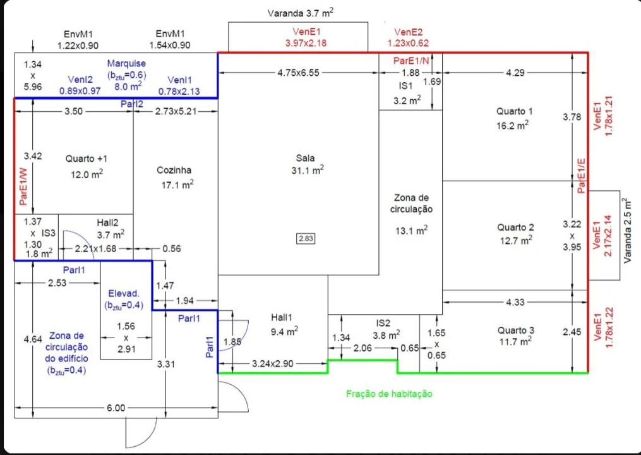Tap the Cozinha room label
pyautogui.click(x=174, y=170)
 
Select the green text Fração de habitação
pyautogui.click(x=389, y=394)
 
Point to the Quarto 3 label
pyautogui.click(x=515, y=330)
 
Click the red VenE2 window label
pyautogui.click(x=408, y=32)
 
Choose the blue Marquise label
pyautogui.click(x=126, y=63)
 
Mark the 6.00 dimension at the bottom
pyautogui.click(x=116, y=408)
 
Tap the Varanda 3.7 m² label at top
pyautogui.click(x=301, y=12)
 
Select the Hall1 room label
pyautogui.click(x=281, y=317)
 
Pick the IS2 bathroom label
pyautogui.click(x=383, y=323)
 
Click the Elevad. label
pyautogui.click(x=123, y=294)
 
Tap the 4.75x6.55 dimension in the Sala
pyautogui.click(x=298, y=73)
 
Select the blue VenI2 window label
pyautogui.click(x=80, y=80)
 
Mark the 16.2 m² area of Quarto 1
pyautogui.click(x=512, y=125)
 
